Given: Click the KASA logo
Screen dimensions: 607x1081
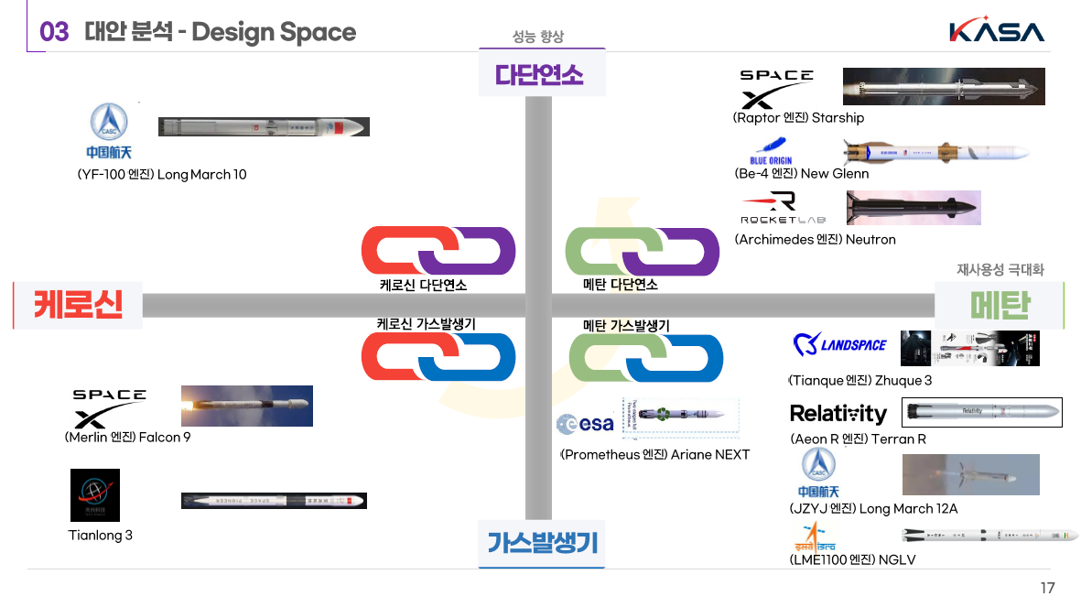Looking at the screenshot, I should point(997,31).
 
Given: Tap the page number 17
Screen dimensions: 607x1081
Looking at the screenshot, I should point(1047,588).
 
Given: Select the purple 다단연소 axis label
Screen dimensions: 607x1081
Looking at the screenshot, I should point(541,74).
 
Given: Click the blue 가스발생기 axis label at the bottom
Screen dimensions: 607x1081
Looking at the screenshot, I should point(542,543).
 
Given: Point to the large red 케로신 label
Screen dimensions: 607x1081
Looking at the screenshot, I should point(79,304).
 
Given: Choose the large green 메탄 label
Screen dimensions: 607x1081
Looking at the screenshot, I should point(1000,305).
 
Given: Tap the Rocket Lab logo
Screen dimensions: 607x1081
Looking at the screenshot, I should point(783,209).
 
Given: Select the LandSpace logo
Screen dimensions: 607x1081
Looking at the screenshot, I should point(840,345).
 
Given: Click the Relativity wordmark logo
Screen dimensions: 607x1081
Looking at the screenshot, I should point(838,414).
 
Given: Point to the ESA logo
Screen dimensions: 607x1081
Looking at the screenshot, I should point(585,424).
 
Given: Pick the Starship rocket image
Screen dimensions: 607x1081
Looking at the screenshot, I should point(943,87).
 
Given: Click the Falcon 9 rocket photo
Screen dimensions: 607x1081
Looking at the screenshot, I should point(247,406).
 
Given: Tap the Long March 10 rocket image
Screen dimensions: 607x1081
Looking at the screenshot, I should point(264,126).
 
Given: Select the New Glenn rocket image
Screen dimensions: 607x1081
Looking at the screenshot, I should point(934,153).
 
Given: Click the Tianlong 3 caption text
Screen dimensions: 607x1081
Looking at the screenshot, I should point(101,536).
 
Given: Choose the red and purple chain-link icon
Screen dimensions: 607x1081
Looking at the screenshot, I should point(438,250).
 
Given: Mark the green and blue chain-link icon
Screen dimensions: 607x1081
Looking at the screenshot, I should point(646,358).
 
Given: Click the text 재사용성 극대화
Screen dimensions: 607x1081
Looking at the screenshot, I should point(1000,270).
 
